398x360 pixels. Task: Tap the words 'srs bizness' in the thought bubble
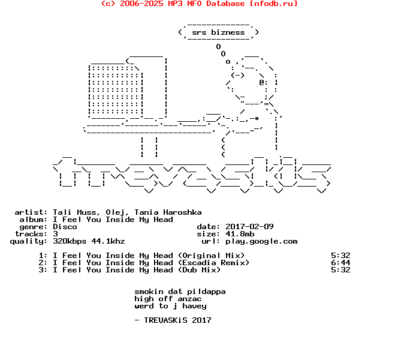pyautogui.click(x=218, y=32)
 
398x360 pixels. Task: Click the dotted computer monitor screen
pyautogui.click(x=115, y=90)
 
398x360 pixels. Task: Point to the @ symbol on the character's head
pyautogui.click(x=262, y=82)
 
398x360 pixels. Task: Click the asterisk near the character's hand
pyautogui.click(x=257, y=118)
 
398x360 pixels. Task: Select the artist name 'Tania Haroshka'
pyautogui.click(x=168, y=212)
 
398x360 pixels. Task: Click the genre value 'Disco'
pyautogui.click(x=65, y=227)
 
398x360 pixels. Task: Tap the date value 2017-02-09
pyautogui.click(x=249, y=227)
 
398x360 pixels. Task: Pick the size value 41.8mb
pyautogui.click(x=240, y=234)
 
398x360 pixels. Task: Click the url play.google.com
pyautogui.click(x=261, y=242)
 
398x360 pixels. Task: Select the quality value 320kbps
pyautogui.click(x=70, y=241)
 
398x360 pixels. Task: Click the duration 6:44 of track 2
pyautogui.click(x=340, y=263)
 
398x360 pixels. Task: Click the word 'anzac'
pyautogui.click(x=189, y=299)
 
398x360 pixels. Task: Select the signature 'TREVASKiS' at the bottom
pyautogui.click(x=165, y=320)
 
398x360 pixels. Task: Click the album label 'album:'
pyautogui.click(x=33, y=220)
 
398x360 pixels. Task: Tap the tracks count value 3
pyautogui.click(x=55, y=234)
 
